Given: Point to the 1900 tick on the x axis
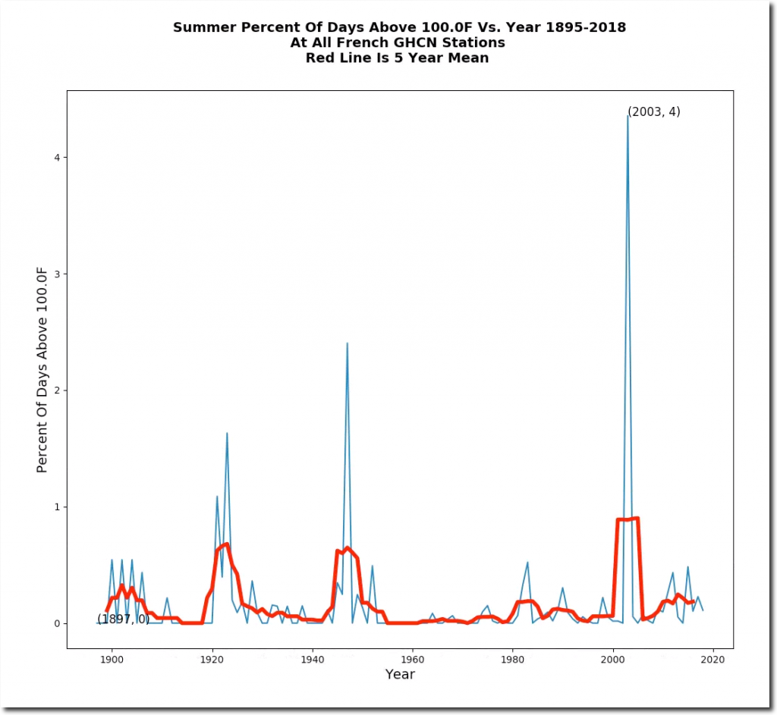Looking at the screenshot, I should coord(112,658).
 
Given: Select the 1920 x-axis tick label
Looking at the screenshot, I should coord(212,658).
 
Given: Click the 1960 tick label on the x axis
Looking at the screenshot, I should coord(413,658).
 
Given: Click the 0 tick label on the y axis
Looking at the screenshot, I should coord(55,623).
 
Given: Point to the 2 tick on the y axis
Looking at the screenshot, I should coord(55,390).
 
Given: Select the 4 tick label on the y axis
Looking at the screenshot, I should coord(55,158).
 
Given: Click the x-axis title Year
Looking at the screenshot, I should coord(400,674).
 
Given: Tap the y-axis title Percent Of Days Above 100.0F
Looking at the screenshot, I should coord(42,370).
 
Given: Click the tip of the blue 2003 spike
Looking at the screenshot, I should coord(628,116).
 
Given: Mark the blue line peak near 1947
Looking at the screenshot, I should coord(347,343).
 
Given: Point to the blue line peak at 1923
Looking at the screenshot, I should coord(227,433).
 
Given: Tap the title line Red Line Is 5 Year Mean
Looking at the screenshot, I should coord(398,58).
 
